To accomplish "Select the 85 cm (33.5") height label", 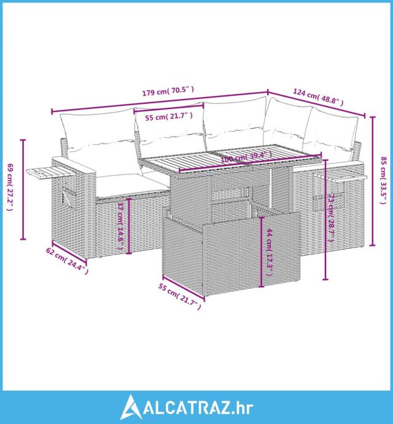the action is point(384,179).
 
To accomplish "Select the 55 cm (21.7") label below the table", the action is point(179,294).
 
